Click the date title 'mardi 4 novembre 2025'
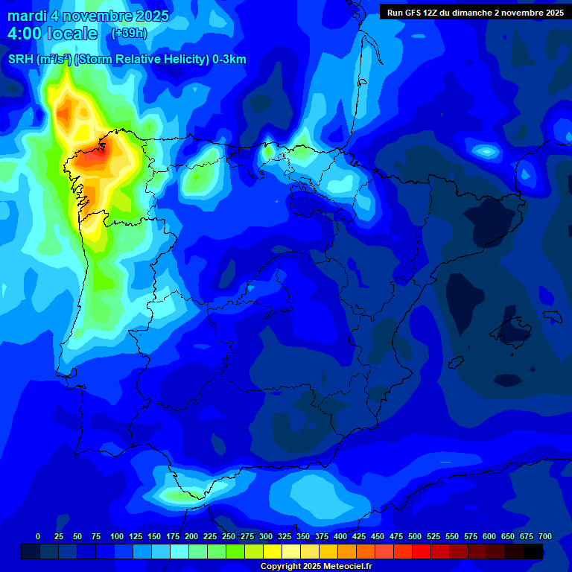coord(89,16)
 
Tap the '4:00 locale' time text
coord(52,34)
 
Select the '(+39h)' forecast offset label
coord(130,34)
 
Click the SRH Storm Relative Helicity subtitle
coord(127,60)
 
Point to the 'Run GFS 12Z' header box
coord(474,12)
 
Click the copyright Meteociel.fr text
coord(316,567)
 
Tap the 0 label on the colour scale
coord(38,536)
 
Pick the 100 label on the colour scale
coord(116,536)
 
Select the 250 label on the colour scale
coord(228,536)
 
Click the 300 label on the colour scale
coord(265,536)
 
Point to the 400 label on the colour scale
coord(340,536)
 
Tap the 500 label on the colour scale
coord(415,536)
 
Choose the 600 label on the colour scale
coord(489,536)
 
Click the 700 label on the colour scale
coord(545,536)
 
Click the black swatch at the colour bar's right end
coord(533,551)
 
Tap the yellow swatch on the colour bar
coord(273,551)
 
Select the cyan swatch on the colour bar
coord(179,551)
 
